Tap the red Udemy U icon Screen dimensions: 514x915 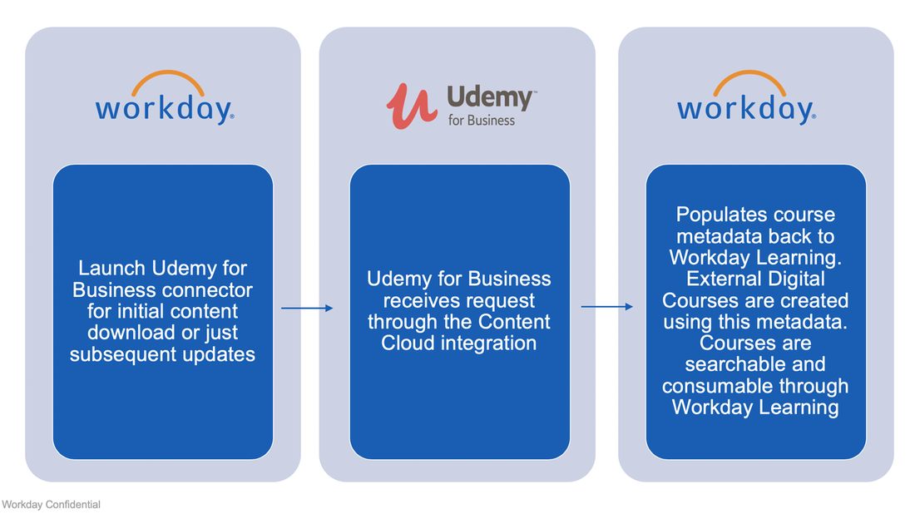coord(411,106)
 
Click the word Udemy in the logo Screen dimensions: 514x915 coord(490,98)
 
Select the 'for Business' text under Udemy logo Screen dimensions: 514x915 coord(481,121)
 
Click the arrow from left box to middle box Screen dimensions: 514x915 coord(306,309)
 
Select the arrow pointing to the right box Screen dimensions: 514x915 coord(606,307)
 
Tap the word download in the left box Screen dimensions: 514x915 coord(126,333)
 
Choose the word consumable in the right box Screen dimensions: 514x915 coord(720,386)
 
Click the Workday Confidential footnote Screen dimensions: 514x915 coord(51,505)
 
